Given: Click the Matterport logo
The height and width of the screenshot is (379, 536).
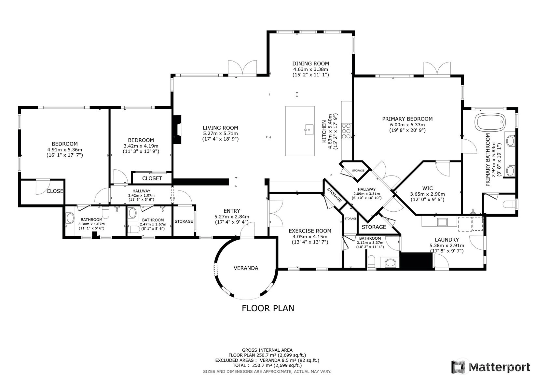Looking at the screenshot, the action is pyautogui.click(x=491, y=367).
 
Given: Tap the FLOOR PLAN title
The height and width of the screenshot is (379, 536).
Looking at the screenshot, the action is pyautogui.click(x=268, y=308).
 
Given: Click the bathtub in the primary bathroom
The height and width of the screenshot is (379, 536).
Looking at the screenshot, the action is pyautogui.click(x=490, y=122).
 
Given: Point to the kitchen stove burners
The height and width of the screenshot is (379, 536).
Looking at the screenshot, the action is pyautogui.click(x=346, y=131).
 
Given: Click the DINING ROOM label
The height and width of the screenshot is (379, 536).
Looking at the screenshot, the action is pyautogui.click(x=310, y=63).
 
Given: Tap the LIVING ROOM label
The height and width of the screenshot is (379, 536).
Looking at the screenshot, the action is pyautogui.click(x=220, y=128).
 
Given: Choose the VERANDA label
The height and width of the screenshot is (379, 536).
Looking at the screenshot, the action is pyautogui.click(x=246, y=268).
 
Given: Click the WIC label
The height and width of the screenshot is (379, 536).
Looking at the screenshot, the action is pyautogui.click(x=428, y=189).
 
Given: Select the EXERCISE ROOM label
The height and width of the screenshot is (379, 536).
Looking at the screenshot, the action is pyautogui.click(x=310, y=231).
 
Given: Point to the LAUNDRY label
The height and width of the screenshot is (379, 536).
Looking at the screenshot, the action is pyautogui.click(x=447, y=240).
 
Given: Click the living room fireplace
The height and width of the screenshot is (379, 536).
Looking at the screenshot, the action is pyautogui.click(x=177, y=130).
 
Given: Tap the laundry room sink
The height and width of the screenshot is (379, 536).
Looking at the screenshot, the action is pyautogui.click(x=442, y=222).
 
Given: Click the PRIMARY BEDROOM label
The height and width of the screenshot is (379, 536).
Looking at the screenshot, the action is pyautogui.click(x=407, y=119).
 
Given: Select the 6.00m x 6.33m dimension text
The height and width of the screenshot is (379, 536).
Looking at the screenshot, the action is pyautogui.click(x=407, y=125).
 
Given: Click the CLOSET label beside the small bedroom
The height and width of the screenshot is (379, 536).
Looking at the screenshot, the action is pyautogui.click(x=152, y=178).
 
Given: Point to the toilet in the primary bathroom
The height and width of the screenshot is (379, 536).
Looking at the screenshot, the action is pyautogui.click(x=509, y=204).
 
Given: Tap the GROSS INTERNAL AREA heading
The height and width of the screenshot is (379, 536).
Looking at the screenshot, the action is pyautogui.click(x=267, y=350).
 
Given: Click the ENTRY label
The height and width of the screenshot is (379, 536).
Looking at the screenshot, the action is pyautogui.click(x=232, y=211).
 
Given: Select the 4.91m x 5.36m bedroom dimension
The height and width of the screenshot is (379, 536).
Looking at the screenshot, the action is pyautogui.click(x=65, y=150).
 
